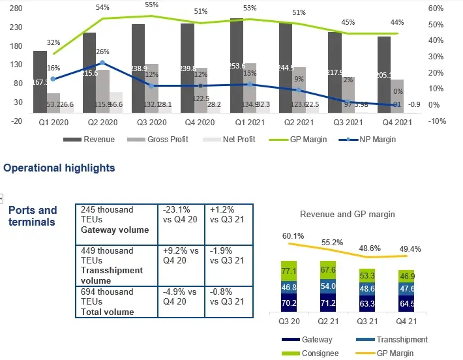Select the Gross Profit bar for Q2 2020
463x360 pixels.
coord(102,91)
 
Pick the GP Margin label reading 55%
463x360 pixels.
coord(151,5)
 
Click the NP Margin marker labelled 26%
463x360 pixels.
coord(102,63)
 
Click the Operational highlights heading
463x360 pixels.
coord(59,168)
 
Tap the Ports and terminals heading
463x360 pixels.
coord(33,216)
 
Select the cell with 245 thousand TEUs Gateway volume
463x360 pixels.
coord(117,220)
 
